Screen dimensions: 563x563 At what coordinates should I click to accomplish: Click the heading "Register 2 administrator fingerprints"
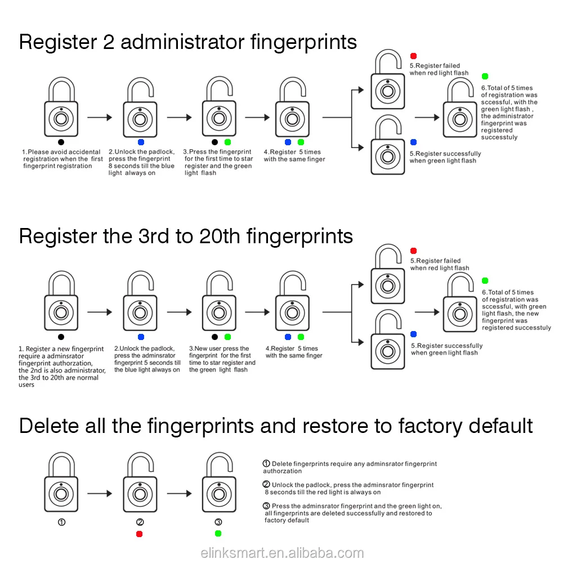(188, 42)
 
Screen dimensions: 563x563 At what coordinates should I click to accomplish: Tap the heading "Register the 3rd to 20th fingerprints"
(186, 236)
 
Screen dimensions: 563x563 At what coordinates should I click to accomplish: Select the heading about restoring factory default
(276, 426)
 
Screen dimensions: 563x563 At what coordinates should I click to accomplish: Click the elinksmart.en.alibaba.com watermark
(282, 553)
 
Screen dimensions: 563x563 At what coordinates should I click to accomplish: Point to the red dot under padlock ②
(140, 533)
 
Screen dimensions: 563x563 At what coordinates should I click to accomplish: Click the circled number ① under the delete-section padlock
(62, 522)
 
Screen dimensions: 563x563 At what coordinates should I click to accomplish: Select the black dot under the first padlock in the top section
(61, 142)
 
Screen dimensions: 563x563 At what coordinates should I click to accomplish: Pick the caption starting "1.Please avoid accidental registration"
(62, 159)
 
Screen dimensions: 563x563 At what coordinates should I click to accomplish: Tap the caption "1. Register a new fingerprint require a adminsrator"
(61, 367)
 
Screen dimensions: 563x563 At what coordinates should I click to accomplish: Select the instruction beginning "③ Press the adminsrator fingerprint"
(352, 513)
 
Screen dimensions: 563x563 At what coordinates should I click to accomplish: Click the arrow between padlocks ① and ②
(100, 494)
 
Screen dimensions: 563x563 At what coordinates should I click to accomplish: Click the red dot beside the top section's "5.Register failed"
(413, 56)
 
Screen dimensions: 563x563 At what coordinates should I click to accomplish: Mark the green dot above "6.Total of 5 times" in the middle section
(485, 280)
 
